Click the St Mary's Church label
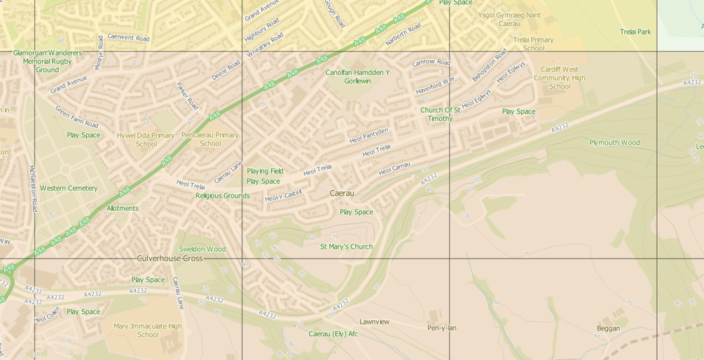346,247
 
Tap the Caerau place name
342,193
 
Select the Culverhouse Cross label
170,258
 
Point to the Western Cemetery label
69,188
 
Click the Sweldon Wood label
202,249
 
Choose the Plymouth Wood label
614,143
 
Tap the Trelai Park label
635,32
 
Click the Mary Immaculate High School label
148,330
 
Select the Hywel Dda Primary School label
146,139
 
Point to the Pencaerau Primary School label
210,139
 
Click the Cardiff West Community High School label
560,78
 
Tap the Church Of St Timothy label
440,114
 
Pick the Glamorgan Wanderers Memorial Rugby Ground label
48,61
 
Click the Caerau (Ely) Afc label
333,333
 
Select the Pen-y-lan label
442,328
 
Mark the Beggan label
608,328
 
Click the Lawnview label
374,321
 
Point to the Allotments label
123,208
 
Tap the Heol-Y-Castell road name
283,196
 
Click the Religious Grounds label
223,196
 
